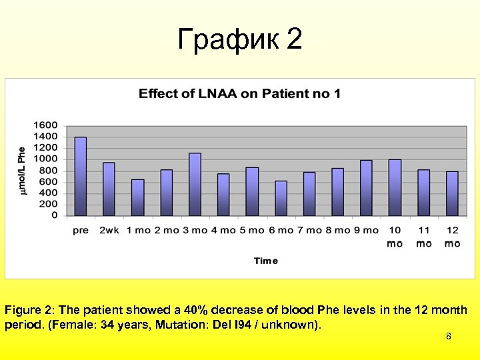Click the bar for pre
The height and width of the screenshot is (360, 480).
pos(81,177)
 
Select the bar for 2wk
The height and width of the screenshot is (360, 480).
pos(109,189)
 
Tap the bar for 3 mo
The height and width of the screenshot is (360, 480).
pos(195,185)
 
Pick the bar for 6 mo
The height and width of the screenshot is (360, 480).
pos(281,198)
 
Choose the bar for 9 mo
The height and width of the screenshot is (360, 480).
pos(366,188)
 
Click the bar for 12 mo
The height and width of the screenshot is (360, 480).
pos(452,193)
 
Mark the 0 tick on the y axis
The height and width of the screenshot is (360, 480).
pos(55,215)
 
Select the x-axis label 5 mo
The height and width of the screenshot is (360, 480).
pos(252,230)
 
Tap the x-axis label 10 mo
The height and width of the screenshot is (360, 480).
pos(395,237)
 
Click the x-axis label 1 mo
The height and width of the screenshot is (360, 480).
pos(137,230)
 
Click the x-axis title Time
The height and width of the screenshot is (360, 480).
pos(266,261)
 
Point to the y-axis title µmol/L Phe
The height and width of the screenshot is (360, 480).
pos(22,171)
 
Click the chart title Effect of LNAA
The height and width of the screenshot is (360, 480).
pos(239,93)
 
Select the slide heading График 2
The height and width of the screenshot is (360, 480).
pos(240,40)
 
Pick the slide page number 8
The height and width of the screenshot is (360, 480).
pos(449,337)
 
